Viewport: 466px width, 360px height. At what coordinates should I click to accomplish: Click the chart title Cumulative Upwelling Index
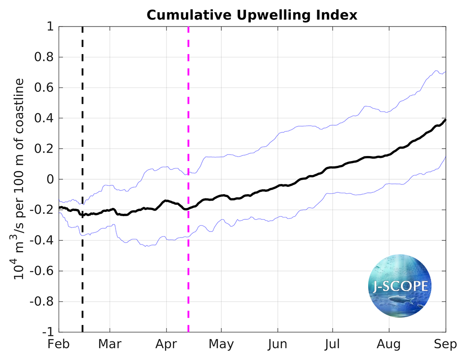click(x=252, y=15)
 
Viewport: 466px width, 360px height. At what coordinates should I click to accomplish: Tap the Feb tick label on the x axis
click(x=58, y=345)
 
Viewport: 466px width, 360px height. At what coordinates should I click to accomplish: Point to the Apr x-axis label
click(x=166, y=345)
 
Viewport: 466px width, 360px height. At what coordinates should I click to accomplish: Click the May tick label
click(x=221, y=345)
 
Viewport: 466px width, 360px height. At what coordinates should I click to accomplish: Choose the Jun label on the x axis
click(x=278, y=345)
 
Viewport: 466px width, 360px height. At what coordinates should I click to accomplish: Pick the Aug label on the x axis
click(x=389, y=345)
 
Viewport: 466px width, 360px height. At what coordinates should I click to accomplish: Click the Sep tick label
click(x=445, y=345)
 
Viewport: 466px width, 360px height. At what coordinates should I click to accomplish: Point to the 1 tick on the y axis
click(x=49, y=27)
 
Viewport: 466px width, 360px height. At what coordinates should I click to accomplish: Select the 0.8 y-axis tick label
click(x=45, y=58)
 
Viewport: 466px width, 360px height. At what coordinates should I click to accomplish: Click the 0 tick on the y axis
click(x=49, y=180)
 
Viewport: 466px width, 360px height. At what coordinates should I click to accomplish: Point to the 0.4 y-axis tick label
click(x=45, y=119)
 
